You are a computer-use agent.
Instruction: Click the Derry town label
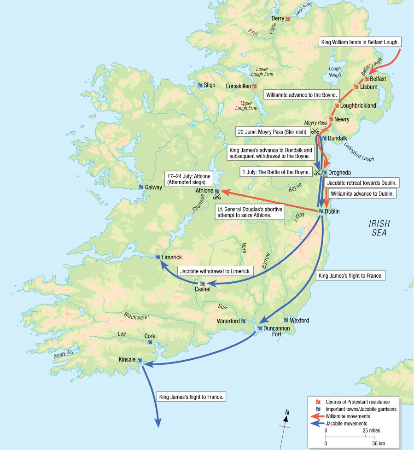[278, 18]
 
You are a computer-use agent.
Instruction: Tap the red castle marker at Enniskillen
[254, 86]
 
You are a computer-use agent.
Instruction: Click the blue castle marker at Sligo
[200, 85]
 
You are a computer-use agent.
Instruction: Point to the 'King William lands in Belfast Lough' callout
[361, 42]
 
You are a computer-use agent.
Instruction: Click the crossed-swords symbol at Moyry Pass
[315, 131]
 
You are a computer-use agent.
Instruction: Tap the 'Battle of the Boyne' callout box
[276, 172]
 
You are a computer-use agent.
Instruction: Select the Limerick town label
[172, 257]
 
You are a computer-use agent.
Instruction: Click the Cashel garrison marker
[202, 283]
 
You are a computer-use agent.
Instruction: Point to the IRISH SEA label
[379, 228]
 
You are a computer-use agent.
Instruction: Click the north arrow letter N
[287, 412]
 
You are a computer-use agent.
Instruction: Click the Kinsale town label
[127, 359]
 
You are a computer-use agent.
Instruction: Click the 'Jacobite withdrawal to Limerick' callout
[215, 272]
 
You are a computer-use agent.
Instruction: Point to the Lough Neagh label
[335, 72]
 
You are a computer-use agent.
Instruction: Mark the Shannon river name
[197, 204]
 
